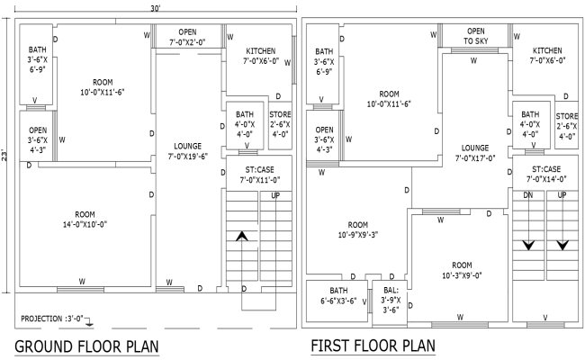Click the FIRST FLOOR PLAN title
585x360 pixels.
click(372, 346)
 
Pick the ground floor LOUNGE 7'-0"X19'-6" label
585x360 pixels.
click(187, 150)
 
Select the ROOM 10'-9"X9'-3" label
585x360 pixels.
click(358, 230)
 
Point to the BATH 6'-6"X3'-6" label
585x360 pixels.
click(337, 296)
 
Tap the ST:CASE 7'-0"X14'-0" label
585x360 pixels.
click(545, 175)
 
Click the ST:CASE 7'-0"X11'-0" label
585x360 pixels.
click(258, 175)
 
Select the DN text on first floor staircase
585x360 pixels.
click(528, 195)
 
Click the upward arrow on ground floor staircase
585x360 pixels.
click(241, 237)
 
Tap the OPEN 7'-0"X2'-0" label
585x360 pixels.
click(187, 37)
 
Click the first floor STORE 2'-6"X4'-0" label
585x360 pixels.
click(567, 127)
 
